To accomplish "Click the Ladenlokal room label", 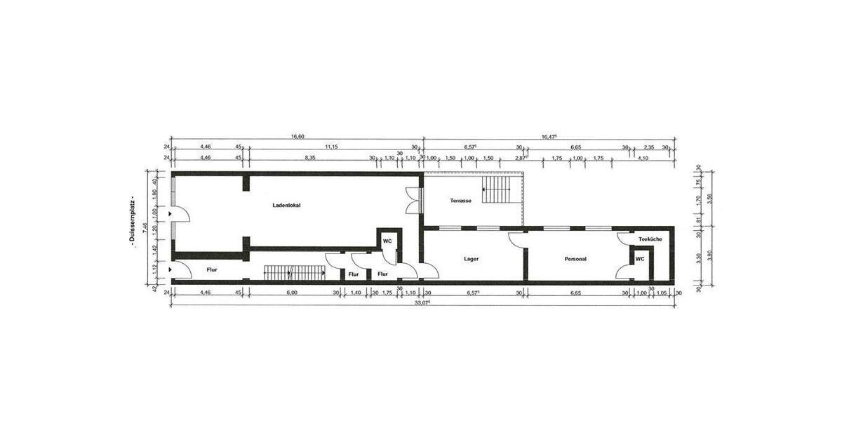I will tap(286, 205).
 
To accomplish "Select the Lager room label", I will tap(472, 259).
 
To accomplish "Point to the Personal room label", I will tap(575, 259).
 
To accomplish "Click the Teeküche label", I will tap(650, 240).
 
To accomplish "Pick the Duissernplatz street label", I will tap(131, 222).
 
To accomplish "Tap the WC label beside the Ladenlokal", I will tap(387, 241).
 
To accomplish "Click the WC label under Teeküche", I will tap(639, 259).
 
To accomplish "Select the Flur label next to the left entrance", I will tap(212, 269).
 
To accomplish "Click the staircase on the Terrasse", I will tap(497, 189).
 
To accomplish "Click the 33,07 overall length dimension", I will tap(422, 302).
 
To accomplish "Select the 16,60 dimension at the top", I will tap(297, 137).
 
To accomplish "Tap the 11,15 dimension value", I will tap(330, 147).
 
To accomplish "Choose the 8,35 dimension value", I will tap(309, 158).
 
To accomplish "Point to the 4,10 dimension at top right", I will tap(643, 158).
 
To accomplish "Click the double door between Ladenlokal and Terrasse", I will tap(411, 201).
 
